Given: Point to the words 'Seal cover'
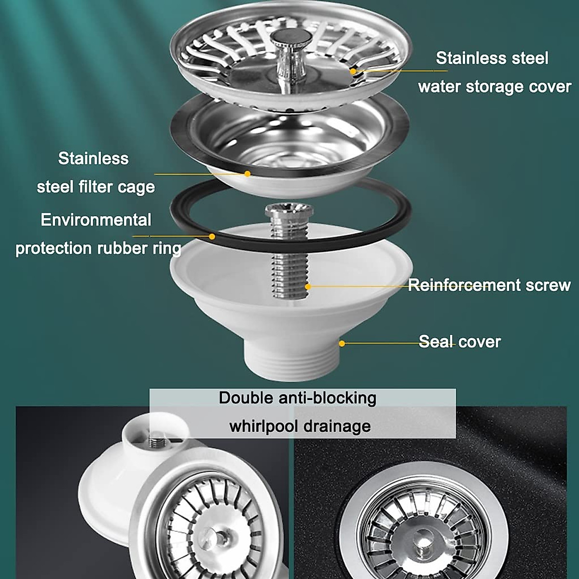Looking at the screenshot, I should point(459,342).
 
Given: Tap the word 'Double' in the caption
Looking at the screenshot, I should point(246,398).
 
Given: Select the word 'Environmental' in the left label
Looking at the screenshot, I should point(96,220).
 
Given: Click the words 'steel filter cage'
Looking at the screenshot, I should point(96,187).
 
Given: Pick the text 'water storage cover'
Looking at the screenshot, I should point(494,87).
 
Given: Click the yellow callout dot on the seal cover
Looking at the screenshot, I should point(342,344).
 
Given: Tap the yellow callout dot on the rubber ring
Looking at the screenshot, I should point(212,236).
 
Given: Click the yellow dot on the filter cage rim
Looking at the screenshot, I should point(248,173).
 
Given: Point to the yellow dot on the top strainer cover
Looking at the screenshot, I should point(353,71).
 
